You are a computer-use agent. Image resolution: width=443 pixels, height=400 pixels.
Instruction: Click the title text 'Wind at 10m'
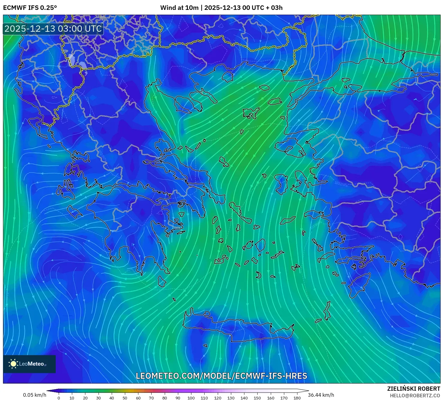tap(179, 8)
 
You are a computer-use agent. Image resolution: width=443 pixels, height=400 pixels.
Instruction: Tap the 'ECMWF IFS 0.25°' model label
tap(30, 8)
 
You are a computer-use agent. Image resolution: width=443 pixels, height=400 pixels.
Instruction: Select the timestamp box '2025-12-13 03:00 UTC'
tap(53, 29)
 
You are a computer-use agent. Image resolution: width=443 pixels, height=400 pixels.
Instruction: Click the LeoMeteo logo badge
tap(29, 364)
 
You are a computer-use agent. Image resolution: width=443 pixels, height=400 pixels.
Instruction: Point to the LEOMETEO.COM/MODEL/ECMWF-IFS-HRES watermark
tap(221, 376)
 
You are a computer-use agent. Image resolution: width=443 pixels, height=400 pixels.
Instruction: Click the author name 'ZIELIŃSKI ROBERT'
tap(413, 389)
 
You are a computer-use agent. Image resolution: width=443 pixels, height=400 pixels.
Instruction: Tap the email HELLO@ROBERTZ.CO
tap(415, 396)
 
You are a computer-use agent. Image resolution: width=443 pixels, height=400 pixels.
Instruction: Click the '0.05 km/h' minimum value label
tap(35, 395)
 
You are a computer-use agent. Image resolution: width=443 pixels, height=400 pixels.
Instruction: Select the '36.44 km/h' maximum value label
tap(321, 395)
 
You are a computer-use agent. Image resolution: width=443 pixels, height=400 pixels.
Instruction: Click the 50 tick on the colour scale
tap(125, 398)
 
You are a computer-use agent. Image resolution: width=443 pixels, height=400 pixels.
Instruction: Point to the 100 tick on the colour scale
tap(191, 398)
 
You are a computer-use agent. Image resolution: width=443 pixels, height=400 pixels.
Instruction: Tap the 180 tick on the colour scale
tap(297, 398)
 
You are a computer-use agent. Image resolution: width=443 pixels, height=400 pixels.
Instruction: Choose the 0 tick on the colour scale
tap(59, 398)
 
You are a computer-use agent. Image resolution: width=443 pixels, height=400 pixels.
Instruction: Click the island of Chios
tap(281, 184)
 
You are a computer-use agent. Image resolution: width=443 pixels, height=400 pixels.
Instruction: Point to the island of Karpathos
tap(327, 311)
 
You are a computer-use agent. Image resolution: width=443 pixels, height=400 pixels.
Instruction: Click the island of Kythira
tap(162, 281)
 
